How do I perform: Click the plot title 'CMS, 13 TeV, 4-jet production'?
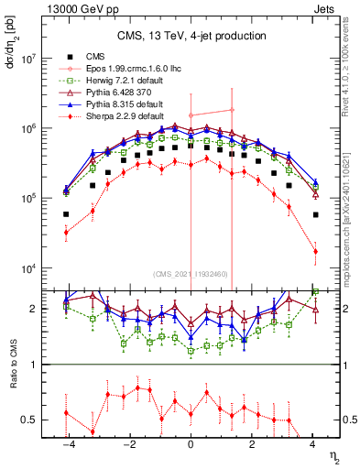point(191,36)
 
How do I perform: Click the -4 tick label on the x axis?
point(67,442)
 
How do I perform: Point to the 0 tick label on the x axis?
point(191,442)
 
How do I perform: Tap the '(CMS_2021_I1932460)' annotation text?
point(191,274)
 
